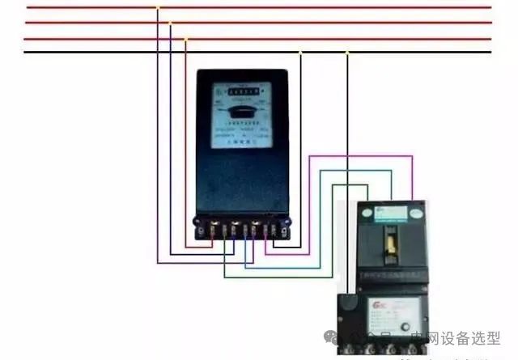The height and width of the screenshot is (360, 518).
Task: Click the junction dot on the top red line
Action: [159, 8]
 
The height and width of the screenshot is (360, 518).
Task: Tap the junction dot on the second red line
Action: [170, 23]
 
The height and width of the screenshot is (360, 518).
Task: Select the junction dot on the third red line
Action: [186, 38]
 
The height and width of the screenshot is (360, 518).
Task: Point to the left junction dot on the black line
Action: [300, 53]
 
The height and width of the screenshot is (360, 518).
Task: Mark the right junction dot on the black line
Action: [347, 53]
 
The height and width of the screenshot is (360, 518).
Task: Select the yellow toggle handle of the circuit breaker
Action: [392, 241]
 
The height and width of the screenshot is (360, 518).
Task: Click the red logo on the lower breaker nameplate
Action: [379, 305]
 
